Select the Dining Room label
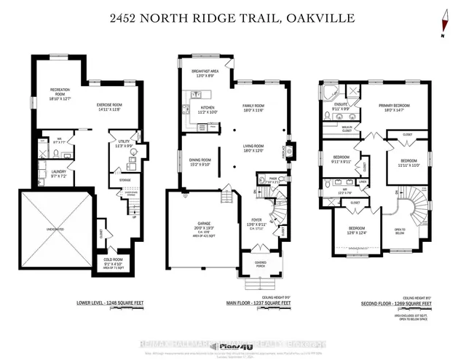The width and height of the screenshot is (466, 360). (200, 162)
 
